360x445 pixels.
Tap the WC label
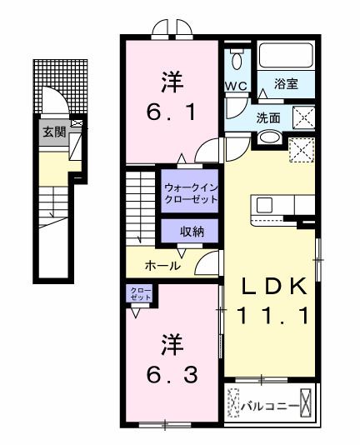234,87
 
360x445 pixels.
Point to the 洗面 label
267,117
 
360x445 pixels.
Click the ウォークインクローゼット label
191,192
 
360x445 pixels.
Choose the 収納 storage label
191,231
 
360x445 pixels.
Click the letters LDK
274,286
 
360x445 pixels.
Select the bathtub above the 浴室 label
285,55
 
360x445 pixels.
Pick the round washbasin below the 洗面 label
267,137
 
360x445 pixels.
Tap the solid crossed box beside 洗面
302,117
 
